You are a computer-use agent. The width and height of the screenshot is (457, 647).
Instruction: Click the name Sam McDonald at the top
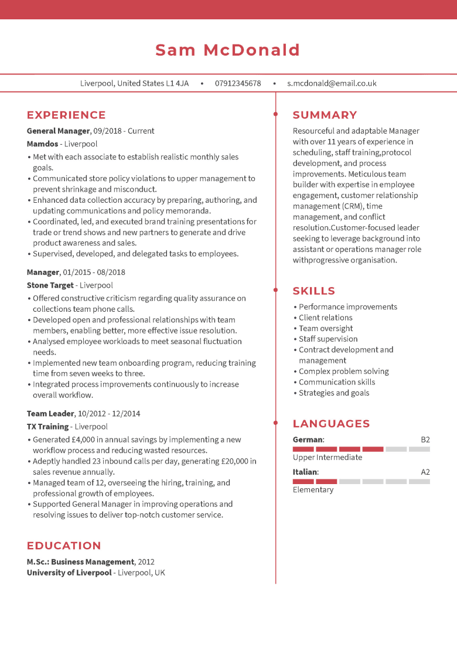228,50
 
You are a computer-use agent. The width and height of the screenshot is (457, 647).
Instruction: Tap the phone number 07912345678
238,83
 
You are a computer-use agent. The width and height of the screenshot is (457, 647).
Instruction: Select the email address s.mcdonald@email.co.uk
332,83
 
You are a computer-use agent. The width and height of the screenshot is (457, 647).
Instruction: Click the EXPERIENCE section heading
66,115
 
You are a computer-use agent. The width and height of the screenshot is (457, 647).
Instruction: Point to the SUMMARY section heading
325,115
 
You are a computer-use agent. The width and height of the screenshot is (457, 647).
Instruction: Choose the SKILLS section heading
313,291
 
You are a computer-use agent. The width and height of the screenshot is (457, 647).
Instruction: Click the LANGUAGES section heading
331,424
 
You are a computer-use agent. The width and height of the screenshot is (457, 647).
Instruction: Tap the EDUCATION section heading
64,546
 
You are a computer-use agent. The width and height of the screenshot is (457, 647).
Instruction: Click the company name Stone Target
50,285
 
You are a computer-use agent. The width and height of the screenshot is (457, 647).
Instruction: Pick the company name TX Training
48,427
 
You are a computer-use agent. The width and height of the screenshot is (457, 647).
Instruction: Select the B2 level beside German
425,440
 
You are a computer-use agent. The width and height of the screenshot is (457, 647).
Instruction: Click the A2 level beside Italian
425,472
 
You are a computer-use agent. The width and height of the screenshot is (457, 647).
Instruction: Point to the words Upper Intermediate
328,457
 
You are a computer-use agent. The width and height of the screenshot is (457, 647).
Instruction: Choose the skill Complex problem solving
344,371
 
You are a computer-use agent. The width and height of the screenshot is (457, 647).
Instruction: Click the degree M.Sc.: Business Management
80,561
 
